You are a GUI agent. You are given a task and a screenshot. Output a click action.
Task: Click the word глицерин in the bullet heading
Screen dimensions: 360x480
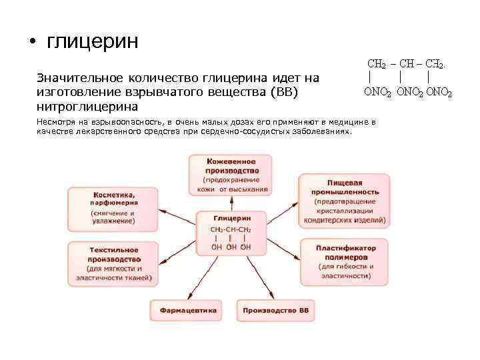(x=93, y=42)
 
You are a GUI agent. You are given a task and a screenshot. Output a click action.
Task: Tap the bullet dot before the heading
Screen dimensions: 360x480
(x=31, y=44)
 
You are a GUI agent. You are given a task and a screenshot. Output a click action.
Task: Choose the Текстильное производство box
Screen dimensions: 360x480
(x=113, y=263)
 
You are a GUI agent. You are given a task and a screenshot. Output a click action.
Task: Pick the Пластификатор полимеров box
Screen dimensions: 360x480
(x=346, y=261)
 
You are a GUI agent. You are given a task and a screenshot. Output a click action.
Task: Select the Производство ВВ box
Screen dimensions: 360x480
(x=275, y=311)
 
